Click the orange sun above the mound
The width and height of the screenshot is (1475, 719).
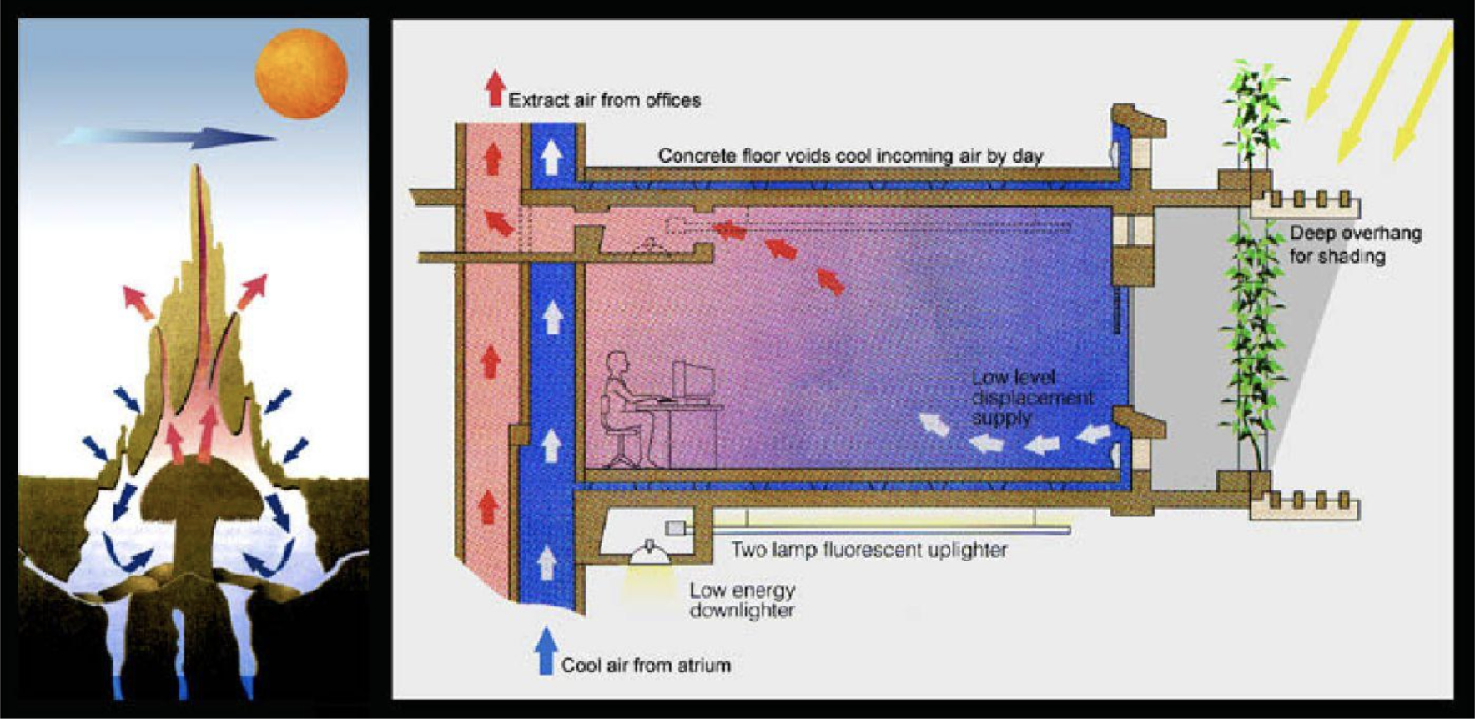click(x=300, y=73)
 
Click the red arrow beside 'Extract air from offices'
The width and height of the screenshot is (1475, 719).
click(x=496, y=88)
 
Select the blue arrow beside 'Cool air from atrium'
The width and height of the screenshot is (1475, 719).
click(x=546, y=651)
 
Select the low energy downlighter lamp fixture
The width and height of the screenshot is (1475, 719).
click(x=649, y=553)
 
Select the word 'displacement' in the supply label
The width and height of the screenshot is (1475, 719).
click(x=1032, y=398)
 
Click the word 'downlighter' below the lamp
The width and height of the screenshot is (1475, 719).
click(x=742, y=611)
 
